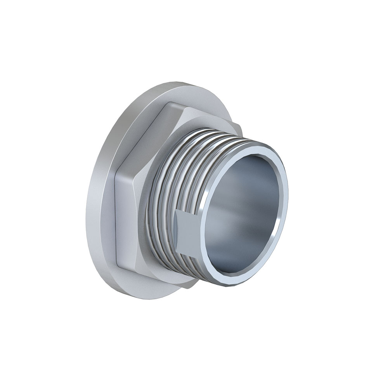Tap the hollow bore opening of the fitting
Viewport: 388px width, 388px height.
pyautogui.click(x=244, y=210)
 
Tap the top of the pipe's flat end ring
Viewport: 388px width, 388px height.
pyautogui.click(x=256, y=147)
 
